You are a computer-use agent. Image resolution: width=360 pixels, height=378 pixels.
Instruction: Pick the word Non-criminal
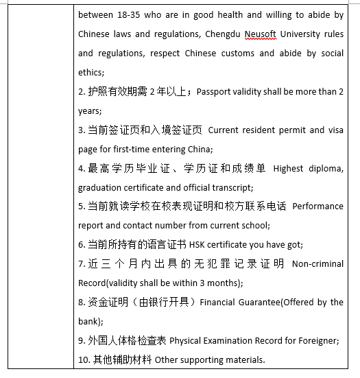318,263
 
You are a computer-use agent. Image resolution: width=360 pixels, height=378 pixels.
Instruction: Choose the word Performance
318,206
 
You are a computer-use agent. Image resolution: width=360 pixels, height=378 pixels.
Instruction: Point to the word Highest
289,168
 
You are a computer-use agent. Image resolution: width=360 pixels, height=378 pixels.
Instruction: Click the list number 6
81,244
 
